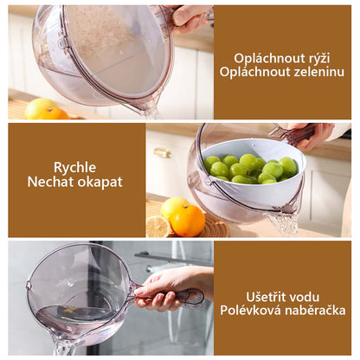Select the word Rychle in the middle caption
point(75,168)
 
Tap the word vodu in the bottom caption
point(305,297)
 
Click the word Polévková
point(251,311)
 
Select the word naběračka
point(315,311)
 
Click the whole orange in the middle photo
point(188,221)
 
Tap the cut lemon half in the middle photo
point(158,227)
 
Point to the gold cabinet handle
point(162,152)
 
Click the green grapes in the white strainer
point(250,170)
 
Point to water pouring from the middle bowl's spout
point(283,223)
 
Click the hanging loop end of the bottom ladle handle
point(195,298)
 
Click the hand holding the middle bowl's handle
point(313,136)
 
